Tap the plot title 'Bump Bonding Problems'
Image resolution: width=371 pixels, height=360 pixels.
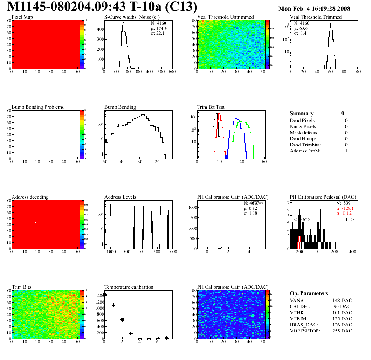[38, 107]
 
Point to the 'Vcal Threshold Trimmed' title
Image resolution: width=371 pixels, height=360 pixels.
[316, 17]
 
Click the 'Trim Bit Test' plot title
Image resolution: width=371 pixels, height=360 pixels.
[211, 107]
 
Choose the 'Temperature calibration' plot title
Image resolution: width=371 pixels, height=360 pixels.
[129, 287]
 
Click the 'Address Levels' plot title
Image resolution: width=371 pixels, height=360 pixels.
[121, 197]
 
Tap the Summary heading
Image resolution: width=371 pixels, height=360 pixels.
[302, 113]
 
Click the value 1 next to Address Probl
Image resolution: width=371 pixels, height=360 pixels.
[346, 151]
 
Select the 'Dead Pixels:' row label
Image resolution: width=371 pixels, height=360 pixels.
[303, 121]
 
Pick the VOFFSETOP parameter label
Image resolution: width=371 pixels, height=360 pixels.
[305, 331]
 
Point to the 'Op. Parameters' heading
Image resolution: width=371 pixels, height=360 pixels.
[309, 293]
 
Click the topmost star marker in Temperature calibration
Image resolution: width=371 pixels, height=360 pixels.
[105, 295]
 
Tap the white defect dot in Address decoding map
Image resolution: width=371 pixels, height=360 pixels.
[35, 222]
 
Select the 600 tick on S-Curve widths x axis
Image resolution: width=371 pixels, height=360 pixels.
[172, 72]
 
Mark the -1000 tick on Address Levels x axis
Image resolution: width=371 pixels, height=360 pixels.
[110, 252]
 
